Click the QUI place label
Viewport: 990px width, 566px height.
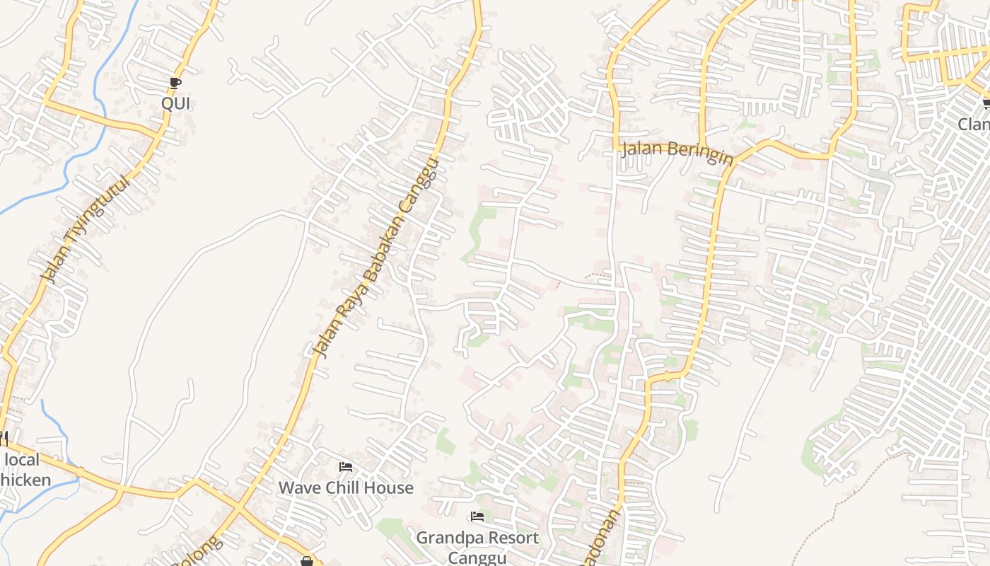pos(175,104)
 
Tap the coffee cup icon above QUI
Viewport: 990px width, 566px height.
pos(175,83)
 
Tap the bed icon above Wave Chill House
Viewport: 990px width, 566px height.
pos(346,467)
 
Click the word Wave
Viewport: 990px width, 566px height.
pos(299,487)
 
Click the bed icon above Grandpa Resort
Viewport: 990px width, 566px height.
pos(477,517)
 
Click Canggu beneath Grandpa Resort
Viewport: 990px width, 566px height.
pos(477,557)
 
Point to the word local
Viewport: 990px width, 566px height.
pos(22,460)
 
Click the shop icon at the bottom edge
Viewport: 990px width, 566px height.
pos(306,561)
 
